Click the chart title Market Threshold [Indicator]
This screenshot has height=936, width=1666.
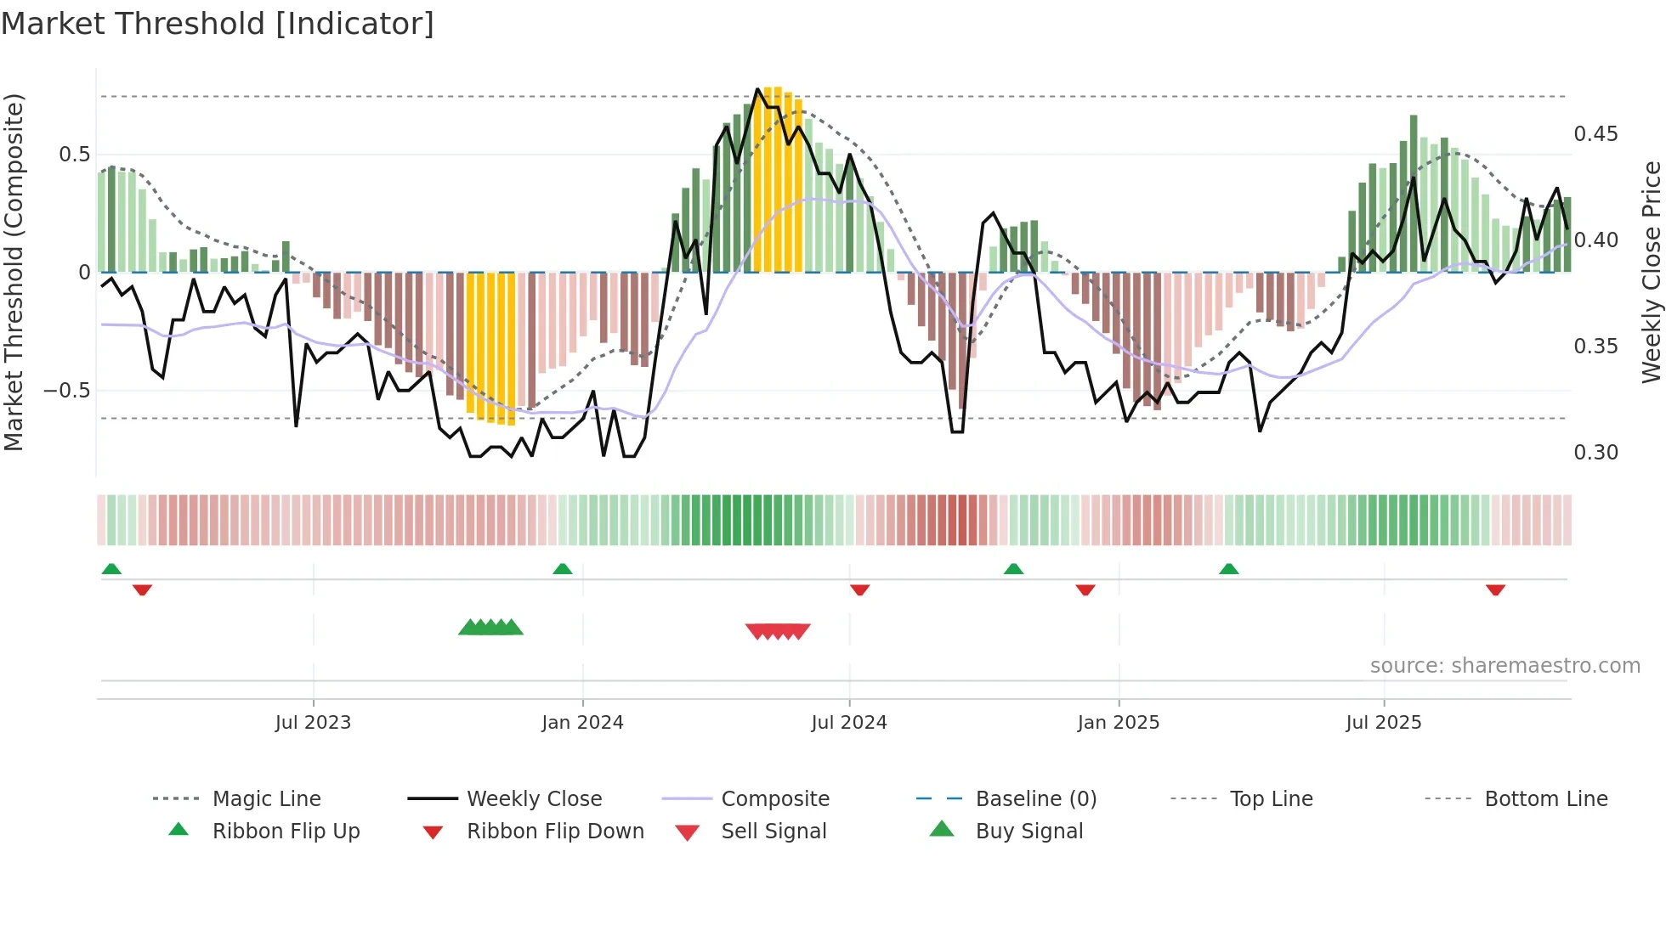tap(218, 24)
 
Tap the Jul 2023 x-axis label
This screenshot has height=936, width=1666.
tap(313, 723)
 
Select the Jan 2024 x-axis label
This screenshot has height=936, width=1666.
tap(582, 723)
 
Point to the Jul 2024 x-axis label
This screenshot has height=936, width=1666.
tap(848, 723)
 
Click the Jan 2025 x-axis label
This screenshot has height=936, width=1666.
tap(1118, 723)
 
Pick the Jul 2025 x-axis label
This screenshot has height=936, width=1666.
tap(1383, 723)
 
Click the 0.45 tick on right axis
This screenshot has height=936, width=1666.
tap(1595, 134)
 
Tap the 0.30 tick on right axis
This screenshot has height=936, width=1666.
tap(1595, 453)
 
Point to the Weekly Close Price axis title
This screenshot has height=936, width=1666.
tap(1651, 272)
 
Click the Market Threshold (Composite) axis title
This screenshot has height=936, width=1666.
tap(14, 272)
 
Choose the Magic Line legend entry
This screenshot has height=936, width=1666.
tap(266, 799)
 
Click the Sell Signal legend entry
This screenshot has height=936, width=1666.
tap(773, 832)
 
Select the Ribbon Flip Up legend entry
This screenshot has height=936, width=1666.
tap(286, 832)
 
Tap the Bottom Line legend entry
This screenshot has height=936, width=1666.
tap(1545, 799)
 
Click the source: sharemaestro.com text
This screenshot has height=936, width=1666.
tap(1504, 666)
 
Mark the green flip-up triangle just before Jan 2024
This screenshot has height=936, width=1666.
tap(562, 569)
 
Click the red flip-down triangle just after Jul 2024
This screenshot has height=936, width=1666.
tap(859, 589)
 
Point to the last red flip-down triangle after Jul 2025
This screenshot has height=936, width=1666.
tap(1495, 589)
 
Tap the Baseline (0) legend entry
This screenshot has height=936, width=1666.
tap(1035, 799)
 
